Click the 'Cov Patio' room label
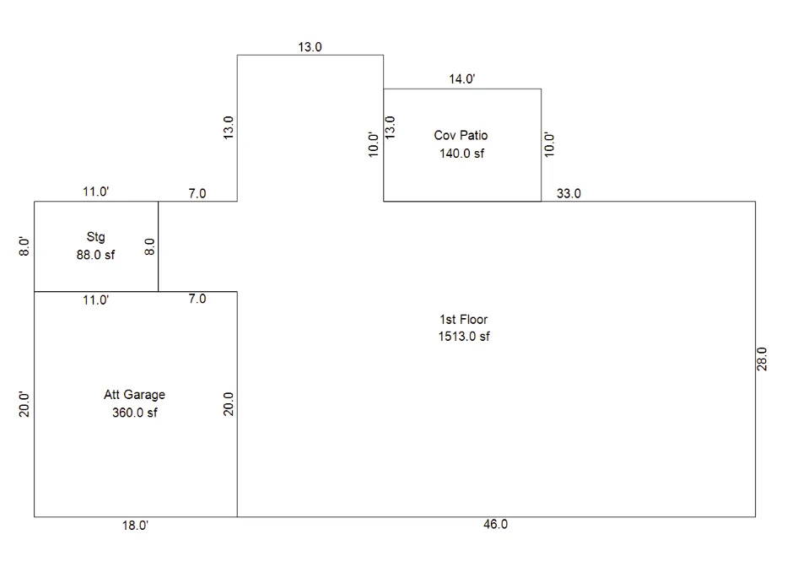tap(461, 135)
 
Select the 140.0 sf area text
tap(461, 154)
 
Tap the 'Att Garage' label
tap(134, 394)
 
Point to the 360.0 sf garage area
tap(134, 413)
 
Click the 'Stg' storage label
tap(96, 237)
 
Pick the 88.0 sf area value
tap(95, 255)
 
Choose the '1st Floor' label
tap(463, 320)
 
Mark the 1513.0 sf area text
tap(464, 337)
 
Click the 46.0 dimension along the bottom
tap(495, 524)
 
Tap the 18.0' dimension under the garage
tap(135, 526)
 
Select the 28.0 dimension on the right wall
tap(762, 359)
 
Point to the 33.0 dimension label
tap(569, 193)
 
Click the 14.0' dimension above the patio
tap(461, 78)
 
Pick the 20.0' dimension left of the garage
tap(24, 404)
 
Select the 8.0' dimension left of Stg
tap(24, 246)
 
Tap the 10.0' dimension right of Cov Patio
tap(549, 144)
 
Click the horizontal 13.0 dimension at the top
tap(310, 46)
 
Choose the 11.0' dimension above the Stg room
tap(96, 192)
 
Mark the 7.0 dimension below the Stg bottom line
tap(197, 299)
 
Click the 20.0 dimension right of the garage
tap(229, 404)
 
